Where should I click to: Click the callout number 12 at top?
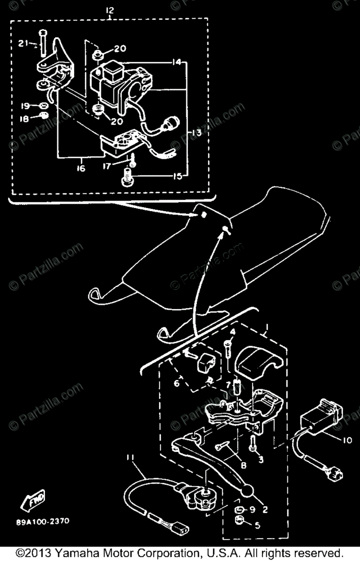click(110, 10)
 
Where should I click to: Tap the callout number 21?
click(24, 44)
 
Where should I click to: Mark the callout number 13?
click(196, 133)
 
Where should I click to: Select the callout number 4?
click(232, 333)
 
